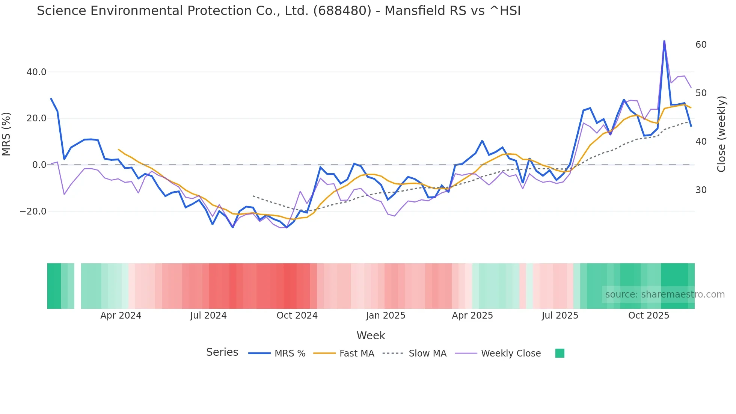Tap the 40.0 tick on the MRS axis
(36, 72)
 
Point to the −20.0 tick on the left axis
(33, 212)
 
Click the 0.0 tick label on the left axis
(39, 165)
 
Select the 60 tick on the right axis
(701, 45)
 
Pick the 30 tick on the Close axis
(701, 190)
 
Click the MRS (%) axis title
(6, 134)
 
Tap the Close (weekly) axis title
(721, 134)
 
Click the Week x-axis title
(371, 335)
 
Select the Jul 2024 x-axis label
(208, 316)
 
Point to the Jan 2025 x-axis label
(386, 316)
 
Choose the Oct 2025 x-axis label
(649, 316)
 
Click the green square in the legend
(560, 353)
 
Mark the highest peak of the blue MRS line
(664, 41)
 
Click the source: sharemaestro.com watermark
(665, 295)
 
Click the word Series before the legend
(222, 352)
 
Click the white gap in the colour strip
(78, 286)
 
